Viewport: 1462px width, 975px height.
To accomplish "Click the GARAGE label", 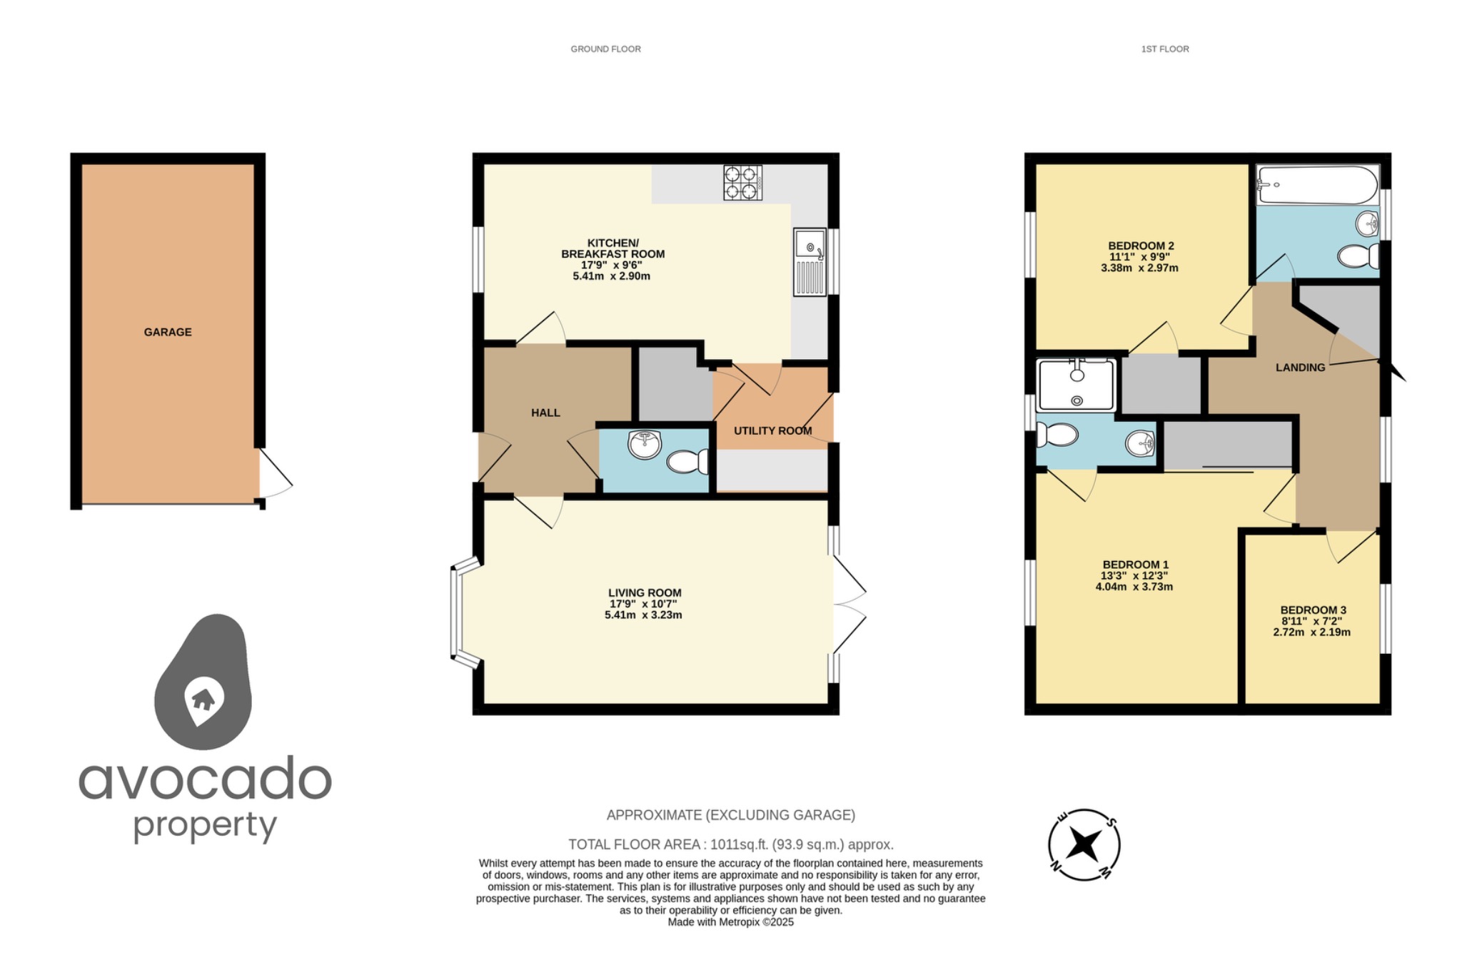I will pyautogui.click(x=168, y=332).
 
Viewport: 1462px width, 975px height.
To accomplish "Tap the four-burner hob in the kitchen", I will pyautogui.click(x=742, y=183).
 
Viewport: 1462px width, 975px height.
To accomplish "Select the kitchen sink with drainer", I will pyautogui.click(x=810, y=262).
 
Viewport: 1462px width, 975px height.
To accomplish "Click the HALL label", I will pyautogui.click(x=545, y=413).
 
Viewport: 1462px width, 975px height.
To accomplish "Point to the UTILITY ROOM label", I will pyautogui.click(x=772, y=430).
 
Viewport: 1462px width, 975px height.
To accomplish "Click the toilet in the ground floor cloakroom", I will pyautogui.click(x=687, y=462).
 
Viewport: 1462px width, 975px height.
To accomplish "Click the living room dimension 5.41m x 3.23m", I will pyautogui.click(x=643, y=615).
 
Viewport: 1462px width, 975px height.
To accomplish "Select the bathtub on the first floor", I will pyautogui.click(x=1316, y=185).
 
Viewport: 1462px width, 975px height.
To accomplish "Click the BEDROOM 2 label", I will pyautogui.click(x=1141, y=246).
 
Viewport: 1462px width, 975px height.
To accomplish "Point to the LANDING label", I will pyautogui.click(x=1300, y=368).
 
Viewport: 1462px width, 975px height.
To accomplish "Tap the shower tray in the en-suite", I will pyautogui.click(x=1077, y=386).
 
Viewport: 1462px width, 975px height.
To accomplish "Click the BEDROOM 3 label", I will pyautogui.click(x=1313, y=610).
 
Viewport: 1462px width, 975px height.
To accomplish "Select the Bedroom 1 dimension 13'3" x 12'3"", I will pyautogui.click(x=1134, y=575).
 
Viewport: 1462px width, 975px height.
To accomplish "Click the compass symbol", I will pyautogui.click(x=1084, y=845).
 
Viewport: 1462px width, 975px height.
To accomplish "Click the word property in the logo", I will pyautogui.click(x=205, y=827).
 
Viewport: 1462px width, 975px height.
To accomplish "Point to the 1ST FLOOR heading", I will pyautogui.click(x=1164, y=49).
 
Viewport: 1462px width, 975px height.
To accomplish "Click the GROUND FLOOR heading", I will pyautogui.click(x=605, y=49).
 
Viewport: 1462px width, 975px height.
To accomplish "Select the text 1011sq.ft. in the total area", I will pyautogui.click(x=740, y=844).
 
